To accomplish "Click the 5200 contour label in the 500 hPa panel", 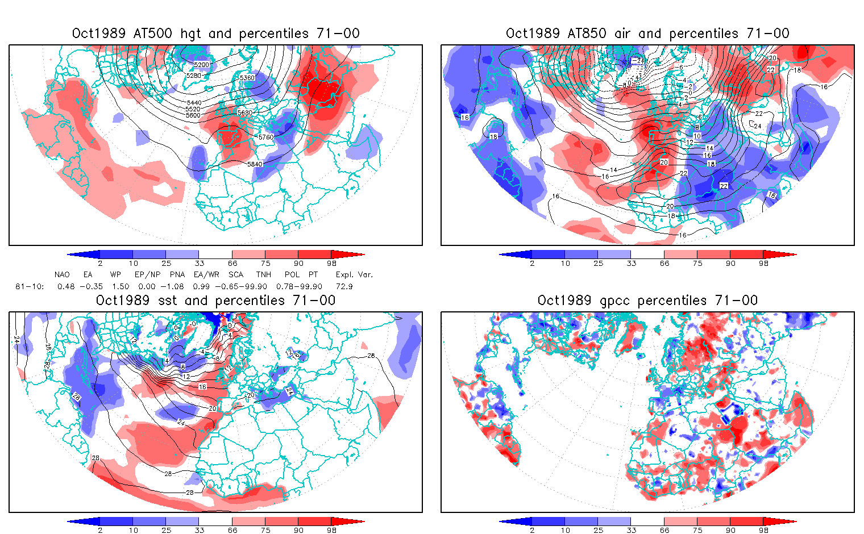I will point(202,65).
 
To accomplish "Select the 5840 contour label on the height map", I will point(255,164).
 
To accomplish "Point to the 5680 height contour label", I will point(245,112).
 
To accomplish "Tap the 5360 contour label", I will point(247,77).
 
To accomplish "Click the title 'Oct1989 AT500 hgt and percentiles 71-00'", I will point(215,34).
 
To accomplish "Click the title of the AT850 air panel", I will point(647,34).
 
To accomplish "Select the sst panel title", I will point(215,301).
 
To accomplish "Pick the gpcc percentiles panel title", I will point(647,301).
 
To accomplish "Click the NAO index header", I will point(62,275).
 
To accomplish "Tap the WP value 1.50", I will point(121,287).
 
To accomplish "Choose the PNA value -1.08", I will point(178,287).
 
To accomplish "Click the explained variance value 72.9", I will point(344,287).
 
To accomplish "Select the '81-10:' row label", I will point(30,287).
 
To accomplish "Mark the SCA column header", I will point(235,275).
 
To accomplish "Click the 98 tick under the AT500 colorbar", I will point(332,264).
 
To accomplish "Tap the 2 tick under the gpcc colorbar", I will point(532,531).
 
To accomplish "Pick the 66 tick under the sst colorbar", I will point(232,531).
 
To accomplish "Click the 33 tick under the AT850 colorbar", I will point(631,264).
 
